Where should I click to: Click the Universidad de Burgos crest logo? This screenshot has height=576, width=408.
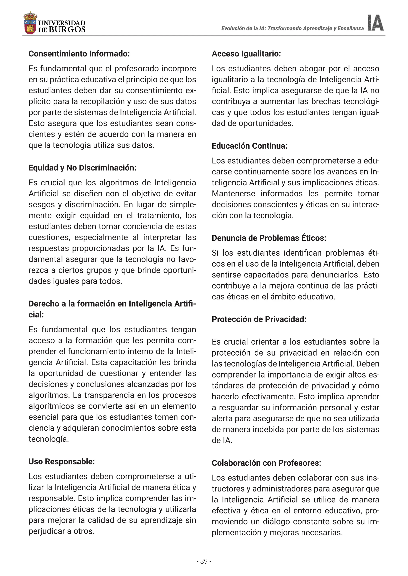tap(30, 23)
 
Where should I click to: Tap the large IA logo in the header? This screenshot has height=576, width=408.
tap(375, 23)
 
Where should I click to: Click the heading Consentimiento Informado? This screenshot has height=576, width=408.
tap(79, 54)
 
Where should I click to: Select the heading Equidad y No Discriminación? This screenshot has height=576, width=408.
tap(82, 168)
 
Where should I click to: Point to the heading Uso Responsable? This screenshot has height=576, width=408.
tap(62, 462)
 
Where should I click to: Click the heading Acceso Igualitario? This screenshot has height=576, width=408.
tap(246, 54)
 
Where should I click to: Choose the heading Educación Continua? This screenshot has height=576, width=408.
tap(249, 146)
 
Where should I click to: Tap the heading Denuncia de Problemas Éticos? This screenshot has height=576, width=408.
tap(269, 238)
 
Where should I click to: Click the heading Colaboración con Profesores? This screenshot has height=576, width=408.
tap(266, 463)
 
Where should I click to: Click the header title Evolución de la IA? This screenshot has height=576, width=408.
tap(292, 28)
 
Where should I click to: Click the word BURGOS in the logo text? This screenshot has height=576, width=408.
tap(67, 30)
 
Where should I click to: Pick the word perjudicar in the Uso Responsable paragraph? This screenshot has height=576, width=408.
tap(47, 531)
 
